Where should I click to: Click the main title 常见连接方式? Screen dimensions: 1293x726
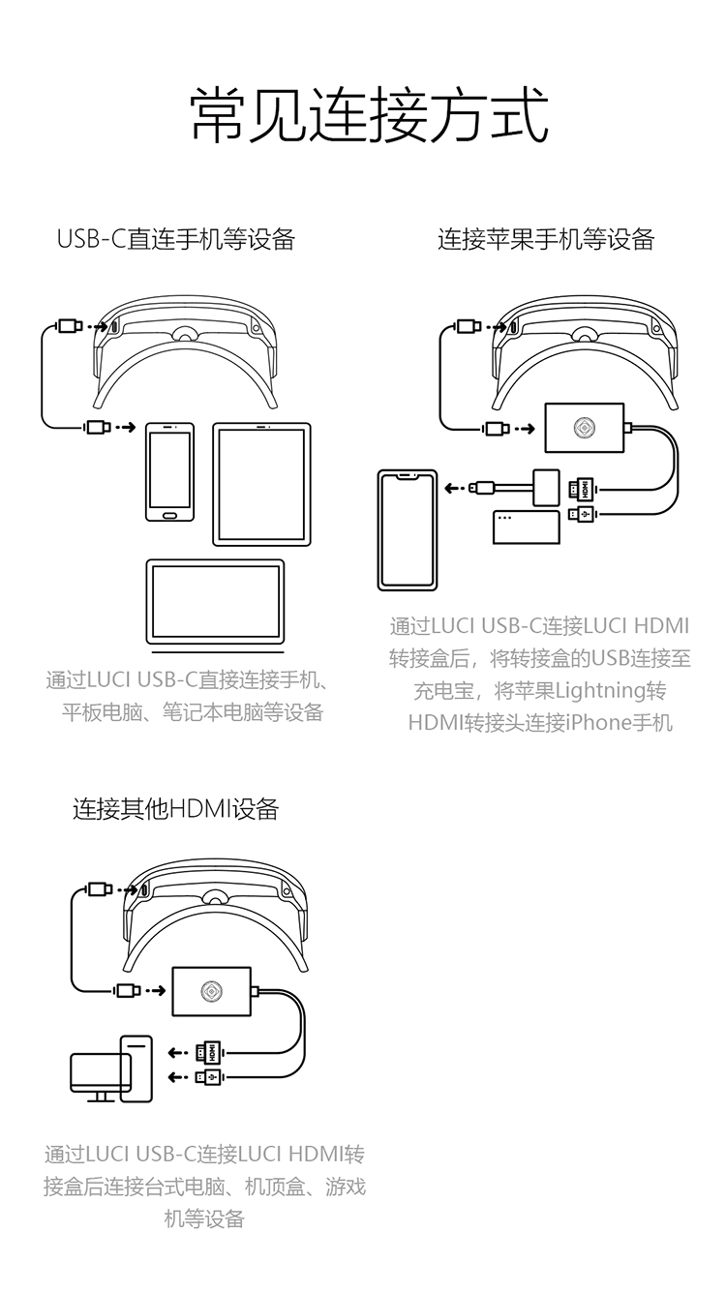(x=369, y=115)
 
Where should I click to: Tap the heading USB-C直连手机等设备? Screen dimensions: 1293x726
(x=175, y=239)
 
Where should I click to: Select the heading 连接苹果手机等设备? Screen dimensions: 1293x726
(x=546, y=239)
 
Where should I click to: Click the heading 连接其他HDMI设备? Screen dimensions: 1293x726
(x=175, y=809)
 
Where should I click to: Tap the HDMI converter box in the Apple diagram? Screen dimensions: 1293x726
(x=585, y=427)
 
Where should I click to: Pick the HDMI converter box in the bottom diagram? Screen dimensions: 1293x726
(x=211, y=992)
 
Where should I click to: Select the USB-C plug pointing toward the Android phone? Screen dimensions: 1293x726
(x=97, y=427)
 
